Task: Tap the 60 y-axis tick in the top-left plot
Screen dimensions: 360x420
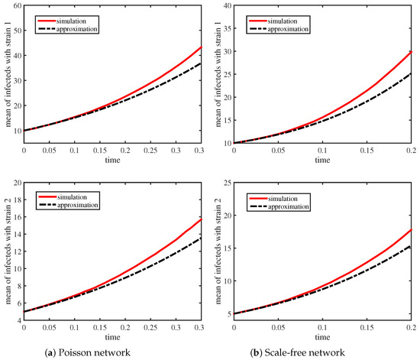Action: tap(17, 6)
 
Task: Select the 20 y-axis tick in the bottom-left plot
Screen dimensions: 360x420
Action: tap(17, 185)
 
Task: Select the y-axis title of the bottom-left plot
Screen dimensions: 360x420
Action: tap(7, 250)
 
